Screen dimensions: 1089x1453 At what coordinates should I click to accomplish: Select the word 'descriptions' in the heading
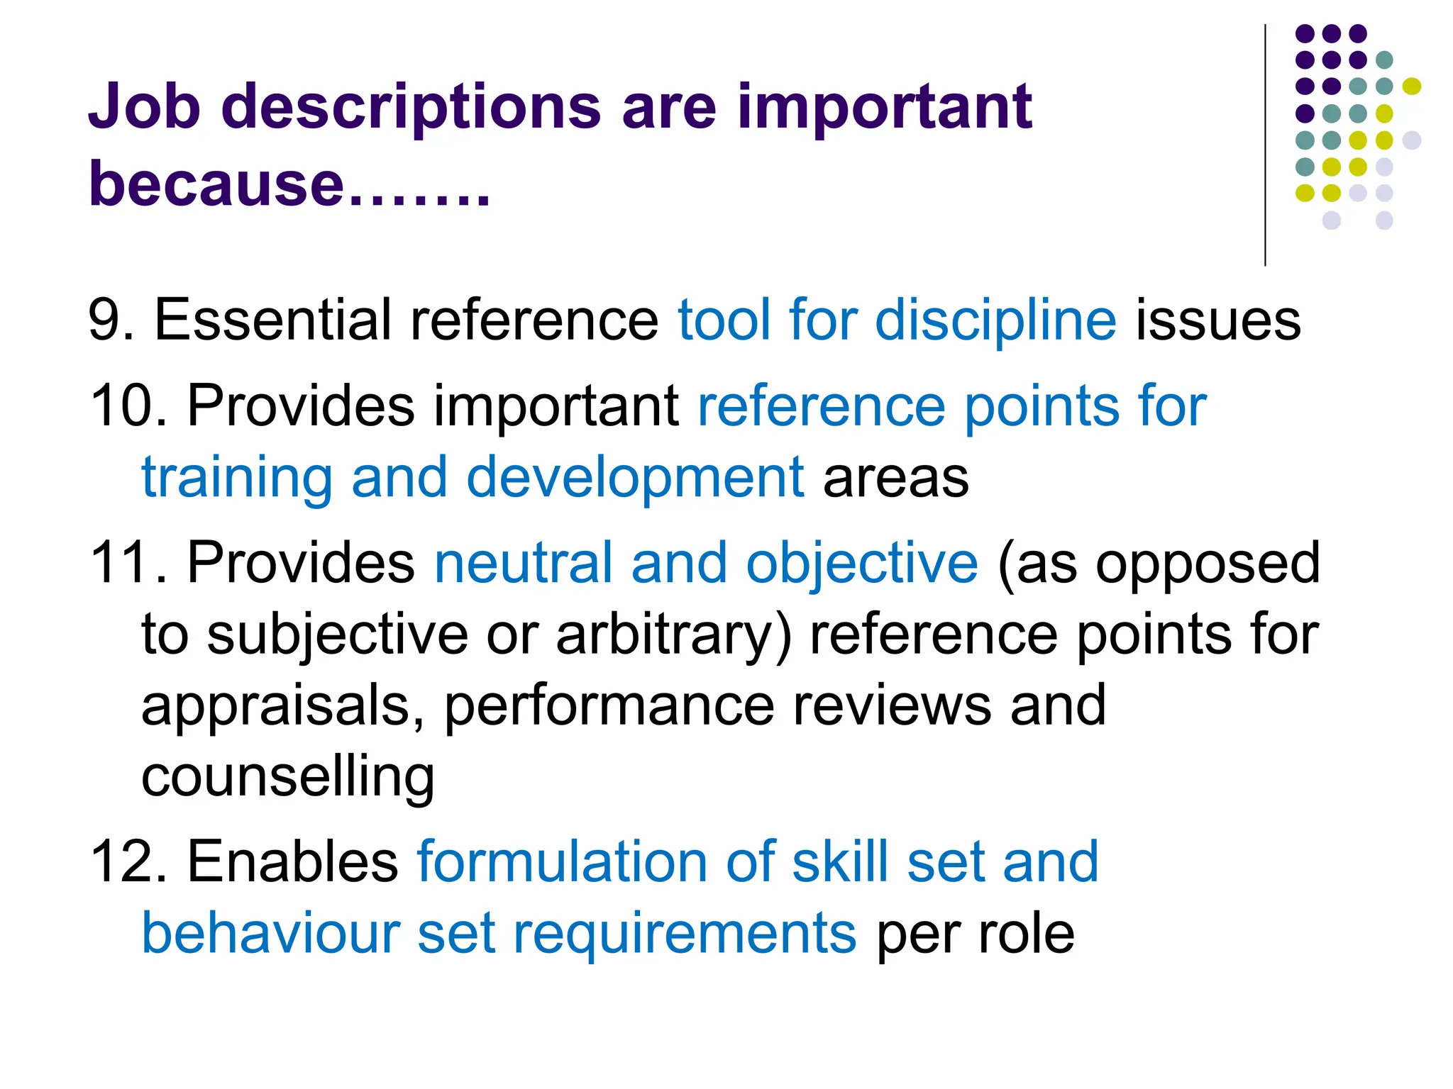tap(411, 108)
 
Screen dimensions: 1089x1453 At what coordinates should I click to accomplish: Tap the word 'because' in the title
tap(216, 184)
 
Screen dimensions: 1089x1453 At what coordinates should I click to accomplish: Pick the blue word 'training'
tap(236, 478)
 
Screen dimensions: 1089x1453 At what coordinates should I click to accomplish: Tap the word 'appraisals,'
tap(283, 708)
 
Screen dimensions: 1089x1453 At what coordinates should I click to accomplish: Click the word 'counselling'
tap(287, 777)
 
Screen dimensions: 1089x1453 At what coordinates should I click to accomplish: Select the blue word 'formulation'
tap(560, 862)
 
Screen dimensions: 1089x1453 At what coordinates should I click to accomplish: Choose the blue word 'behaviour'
tap(270, 933)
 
